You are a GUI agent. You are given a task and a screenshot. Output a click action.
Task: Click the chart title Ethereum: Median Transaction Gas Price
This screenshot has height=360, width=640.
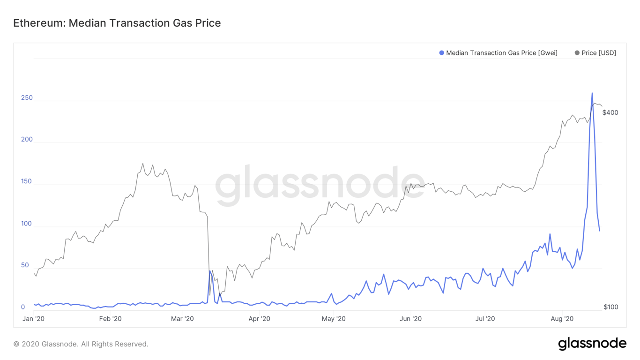tap(117, 23)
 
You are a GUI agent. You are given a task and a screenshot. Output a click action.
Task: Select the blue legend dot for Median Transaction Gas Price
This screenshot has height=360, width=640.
tap(441, 53)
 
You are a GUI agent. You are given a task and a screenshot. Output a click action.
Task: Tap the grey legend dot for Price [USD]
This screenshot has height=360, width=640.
tap(577, 53)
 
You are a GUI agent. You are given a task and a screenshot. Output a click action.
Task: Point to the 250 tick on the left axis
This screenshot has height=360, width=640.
tap(27, 97)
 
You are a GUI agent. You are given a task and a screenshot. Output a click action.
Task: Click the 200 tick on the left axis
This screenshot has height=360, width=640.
tap(27, 139)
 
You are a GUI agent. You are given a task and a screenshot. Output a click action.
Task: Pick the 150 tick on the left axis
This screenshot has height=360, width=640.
tap(27, 181)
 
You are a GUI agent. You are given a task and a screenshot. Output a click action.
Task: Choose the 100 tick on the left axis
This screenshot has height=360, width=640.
tap(27, 223)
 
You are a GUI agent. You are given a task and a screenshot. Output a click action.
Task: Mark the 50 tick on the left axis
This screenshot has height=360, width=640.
tap(25, 265)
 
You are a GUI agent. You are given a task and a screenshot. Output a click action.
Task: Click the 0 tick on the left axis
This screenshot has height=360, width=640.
tap(23, 307)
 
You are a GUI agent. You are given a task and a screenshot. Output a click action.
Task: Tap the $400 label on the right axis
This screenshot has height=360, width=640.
tap(610, 112)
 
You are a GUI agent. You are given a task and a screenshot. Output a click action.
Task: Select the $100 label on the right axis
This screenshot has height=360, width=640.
tap(610, 307)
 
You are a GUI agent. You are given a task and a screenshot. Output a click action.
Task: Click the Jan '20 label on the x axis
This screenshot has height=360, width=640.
tap(34, 319)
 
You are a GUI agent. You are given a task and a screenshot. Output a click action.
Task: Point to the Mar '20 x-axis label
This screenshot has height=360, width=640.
tap(182, 319)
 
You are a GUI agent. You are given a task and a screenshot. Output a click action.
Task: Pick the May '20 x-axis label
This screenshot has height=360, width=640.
tap(334, 319)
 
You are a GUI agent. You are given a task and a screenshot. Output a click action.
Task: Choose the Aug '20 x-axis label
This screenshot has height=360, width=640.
tap(562, 319)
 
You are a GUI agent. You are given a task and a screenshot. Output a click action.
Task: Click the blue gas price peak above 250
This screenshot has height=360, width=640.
tap(592, 93)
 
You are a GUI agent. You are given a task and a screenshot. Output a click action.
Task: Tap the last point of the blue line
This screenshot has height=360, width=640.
tap(600, 231)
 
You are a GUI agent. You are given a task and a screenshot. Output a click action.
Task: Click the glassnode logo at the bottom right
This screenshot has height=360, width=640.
tap(592, 344)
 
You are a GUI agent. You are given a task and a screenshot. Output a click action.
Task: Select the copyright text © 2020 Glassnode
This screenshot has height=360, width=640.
tap(81, 344)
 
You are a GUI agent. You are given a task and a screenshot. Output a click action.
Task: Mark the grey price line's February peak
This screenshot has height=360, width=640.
tap(143, 164)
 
